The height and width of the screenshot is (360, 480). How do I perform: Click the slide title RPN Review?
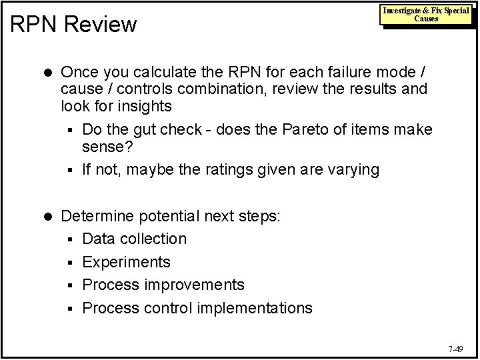point(74,25)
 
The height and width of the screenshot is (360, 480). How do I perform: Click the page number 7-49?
point(456,348)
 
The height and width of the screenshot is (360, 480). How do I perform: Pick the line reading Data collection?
point(135,239)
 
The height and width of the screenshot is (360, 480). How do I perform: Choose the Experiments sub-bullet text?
point(126,262)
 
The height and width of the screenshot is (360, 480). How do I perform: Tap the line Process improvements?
point(163,285)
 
